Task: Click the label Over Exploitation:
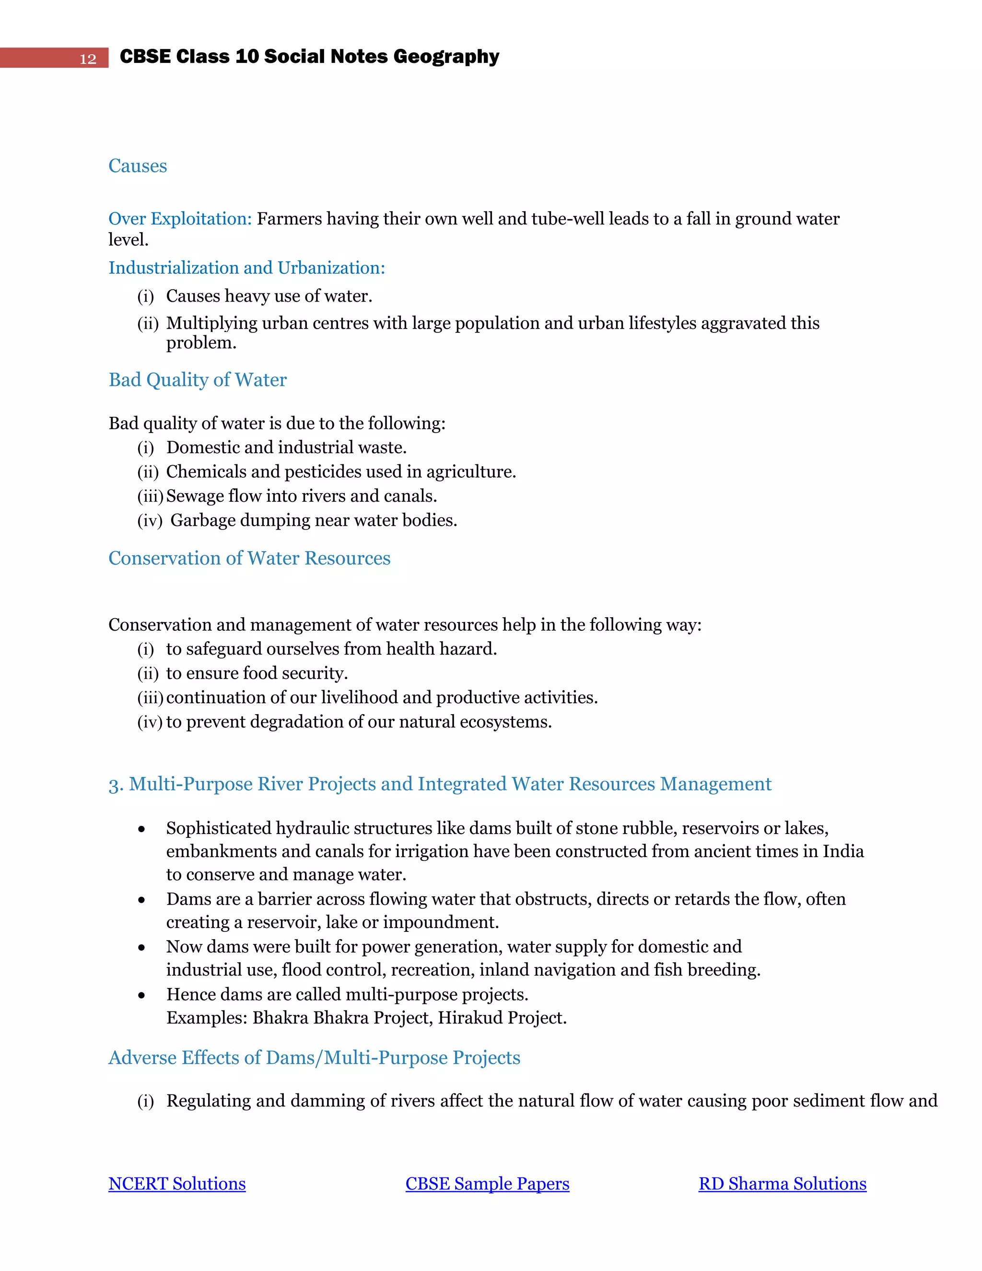180,219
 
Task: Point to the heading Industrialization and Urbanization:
246,268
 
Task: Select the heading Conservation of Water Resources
249,558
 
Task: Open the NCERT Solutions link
177,1184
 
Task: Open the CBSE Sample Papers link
487,1184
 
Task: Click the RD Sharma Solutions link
783,1184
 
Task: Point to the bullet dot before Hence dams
141,996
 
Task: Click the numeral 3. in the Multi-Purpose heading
116,785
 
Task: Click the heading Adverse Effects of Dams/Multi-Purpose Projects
314,1058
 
